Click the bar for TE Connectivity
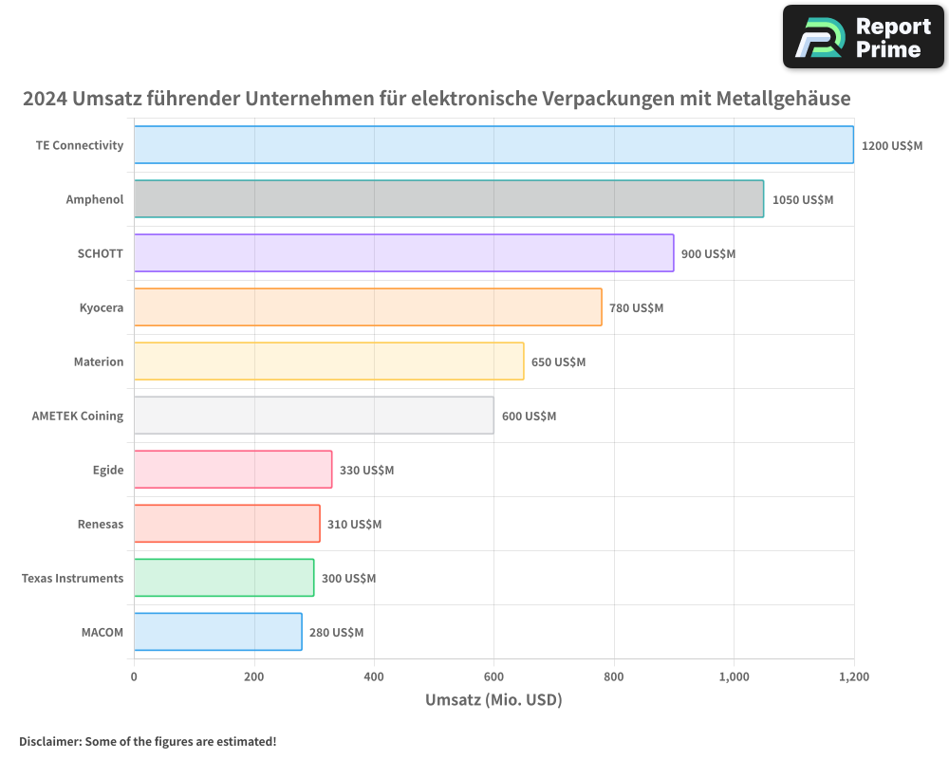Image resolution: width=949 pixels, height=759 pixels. click(493, 145)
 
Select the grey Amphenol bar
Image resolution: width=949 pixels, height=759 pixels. click(448, 199)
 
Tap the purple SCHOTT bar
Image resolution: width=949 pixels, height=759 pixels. click(403, 253)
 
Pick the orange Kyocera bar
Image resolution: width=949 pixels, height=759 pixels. click(367, 307)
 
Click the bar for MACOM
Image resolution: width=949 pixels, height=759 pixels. click(217, 632)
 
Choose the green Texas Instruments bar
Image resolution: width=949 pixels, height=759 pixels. click(223, 578)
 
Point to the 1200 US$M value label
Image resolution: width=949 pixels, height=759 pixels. click(891, 146)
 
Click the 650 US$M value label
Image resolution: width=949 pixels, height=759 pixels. click(558, 362)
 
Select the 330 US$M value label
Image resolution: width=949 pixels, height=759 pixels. click(366, 471)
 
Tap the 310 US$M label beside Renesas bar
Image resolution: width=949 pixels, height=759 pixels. click(354, 525)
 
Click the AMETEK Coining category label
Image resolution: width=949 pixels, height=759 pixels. click(78, 416)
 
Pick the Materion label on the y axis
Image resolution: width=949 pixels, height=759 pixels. click(99, 361)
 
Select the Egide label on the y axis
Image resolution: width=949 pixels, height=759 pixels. click(107, 470)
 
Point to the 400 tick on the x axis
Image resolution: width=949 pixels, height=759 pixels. click(374, 677)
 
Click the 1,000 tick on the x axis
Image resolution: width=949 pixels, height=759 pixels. click(734, 677)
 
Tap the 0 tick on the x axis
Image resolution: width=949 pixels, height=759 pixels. click(134, 677)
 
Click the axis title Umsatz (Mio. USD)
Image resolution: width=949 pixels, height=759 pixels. click(493, 700)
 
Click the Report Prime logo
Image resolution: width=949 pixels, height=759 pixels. click(864, 37)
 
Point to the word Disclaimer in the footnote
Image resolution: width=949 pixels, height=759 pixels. click(48, 742)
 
